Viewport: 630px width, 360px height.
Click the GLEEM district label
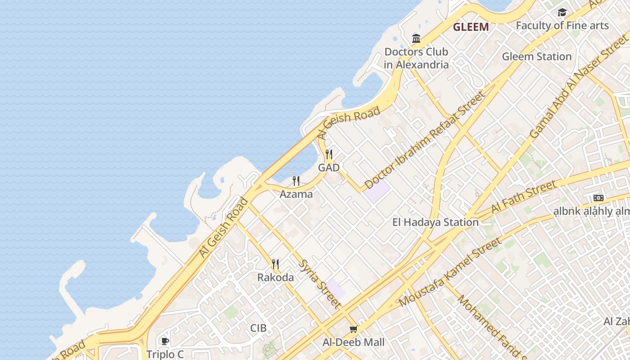[x=471, y=27]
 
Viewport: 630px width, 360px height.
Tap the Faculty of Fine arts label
[x=562, y=26]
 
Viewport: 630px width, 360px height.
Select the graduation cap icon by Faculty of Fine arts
[x=562, y=13]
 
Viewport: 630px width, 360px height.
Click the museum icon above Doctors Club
[x=416, y=39]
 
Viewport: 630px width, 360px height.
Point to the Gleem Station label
[x=536, y=57]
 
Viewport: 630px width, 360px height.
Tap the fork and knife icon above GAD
[x=329, y=155]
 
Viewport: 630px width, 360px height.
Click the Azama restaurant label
[x=296, y=194]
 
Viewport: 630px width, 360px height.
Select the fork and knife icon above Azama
[x=296, y=181]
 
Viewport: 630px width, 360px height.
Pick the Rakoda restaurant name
[x=275, y=278]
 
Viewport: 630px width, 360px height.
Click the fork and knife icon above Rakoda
[x=275, y=264]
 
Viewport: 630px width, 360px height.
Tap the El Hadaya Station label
[x=435, y=222]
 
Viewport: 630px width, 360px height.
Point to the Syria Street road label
[x=320, y=284]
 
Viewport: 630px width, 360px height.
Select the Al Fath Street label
[x=523, y=198]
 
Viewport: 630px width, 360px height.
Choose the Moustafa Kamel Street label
[x=450, y=272]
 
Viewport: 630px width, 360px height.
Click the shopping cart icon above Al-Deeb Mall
[x=354, y=329]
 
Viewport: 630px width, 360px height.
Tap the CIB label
[x=258, y=328]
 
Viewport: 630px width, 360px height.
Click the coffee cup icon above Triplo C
[x=165, y=341]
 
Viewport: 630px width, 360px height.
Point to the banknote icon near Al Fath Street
[x=598, y=198]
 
